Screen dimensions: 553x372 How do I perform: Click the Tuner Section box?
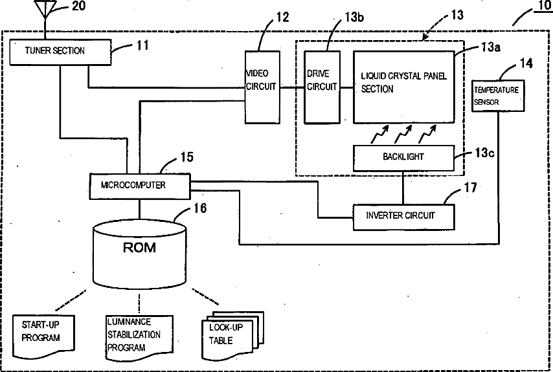[x=60, y=52]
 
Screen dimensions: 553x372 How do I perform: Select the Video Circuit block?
[x=262, y=87]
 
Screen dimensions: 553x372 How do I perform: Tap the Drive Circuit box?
[x=322, y=87]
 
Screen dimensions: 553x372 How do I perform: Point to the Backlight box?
[x=404, y=158]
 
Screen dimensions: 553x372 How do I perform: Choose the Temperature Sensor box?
[x=498, y=96]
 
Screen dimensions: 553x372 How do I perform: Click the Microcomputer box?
[x=140, y=186]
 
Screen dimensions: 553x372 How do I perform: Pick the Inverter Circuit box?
[x=404, y=217]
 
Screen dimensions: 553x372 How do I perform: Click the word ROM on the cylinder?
[x=139, y=248]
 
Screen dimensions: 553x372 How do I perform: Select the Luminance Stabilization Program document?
[x=140, y=338]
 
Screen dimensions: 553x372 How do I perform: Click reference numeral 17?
[x=470, y=188]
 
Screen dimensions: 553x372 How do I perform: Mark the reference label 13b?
[x=354, y=17]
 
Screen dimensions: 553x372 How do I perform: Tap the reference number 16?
[x=200, y=208]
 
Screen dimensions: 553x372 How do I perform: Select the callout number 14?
[x=526, y=63]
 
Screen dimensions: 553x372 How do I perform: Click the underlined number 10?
[x=543, y=6]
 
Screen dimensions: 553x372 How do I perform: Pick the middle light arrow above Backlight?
[x=403, y=134]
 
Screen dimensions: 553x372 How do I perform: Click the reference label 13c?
[x=484, y=153]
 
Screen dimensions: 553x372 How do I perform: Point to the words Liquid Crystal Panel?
[x=404, y=76]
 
